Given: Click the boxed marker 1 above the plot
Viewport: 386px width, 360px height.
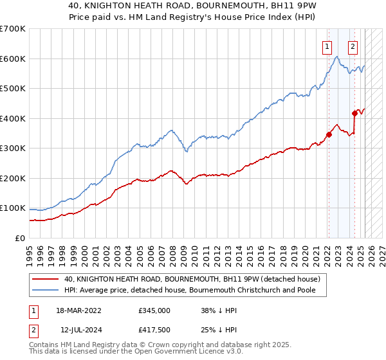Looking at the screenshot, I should tap(327, 46).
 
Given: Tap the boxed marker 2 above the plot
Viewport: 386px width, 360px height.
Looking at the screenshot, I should tap(353, 46).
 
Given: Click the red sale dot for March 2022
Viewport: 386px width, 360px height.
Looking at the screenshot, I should tap(328, 134).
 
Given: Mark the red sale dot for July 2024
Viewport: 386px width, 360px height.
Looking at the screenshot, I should tap(354, 113).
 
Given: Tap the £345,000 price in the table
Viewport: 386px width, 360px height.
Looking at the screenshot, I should tap(154, 310).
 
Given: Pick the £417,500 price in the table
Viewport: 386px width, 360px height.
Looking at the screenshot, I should tap(154, 329).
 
